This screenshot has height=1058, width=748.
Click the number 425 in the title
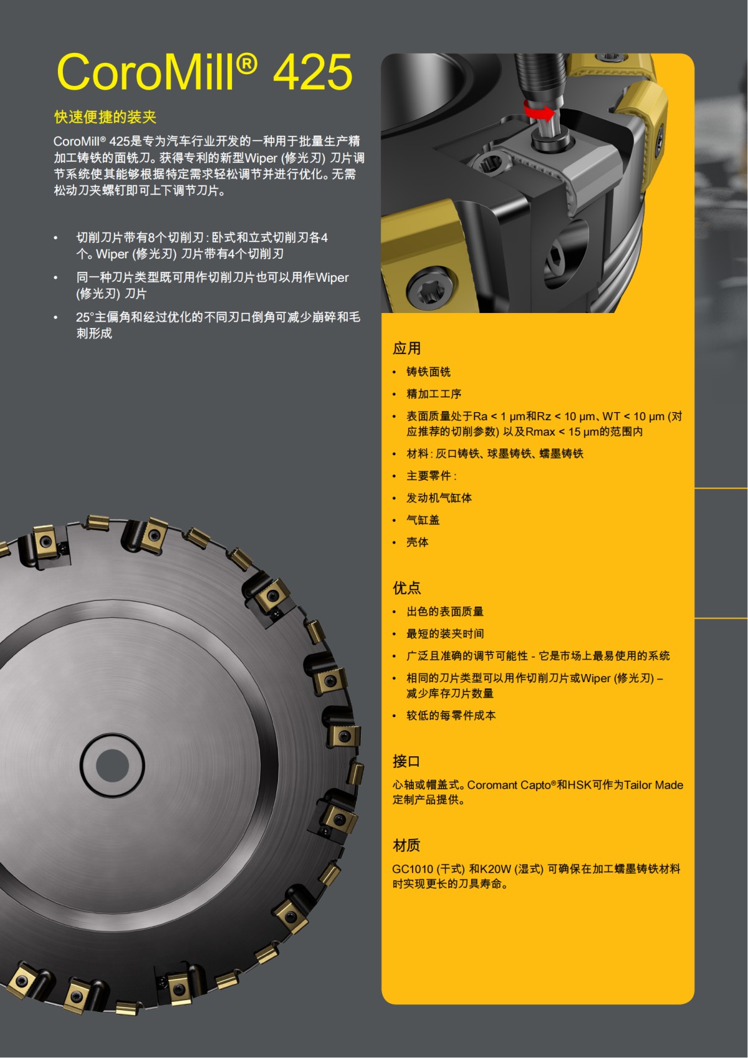(x=312, y=72)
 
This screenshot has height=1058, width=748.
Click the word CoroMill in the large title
(x=147, y=72)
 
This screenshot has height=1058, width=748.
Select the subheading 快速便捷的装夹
(x=105, y=117)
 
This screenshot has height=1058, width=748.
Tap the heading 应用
(x=406, y=348)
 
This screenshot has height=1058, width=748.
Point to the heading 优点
(x=406, y=587)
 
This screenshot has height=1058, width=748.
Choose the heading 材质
(x=406, y=845)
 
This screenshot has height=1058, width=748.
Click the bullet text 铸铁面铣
(x=428, y=372)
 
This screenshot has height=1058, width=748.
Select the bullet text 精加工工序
(x=434, y=394)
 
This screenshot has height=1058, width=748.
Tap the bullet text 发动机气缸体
(x=439, y=498)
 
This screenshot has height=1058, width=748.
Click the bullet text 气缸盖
(x=423, y=520)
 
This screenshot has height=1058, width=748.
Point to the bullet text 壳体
(x=417, y=542)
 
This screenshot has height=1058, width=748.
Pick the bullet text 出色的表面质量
(x=445, y=612)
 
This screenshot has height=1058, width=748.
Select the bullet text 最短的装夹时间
(x=445, y=633)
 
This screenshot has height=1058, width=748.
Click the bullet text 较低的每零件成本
(x=451, y=715)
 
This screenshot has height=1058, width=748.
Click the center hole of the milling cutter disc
(x=112, y=764)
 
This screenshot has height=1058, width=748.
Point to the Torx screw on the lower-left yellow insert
(x=428, y=290)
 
